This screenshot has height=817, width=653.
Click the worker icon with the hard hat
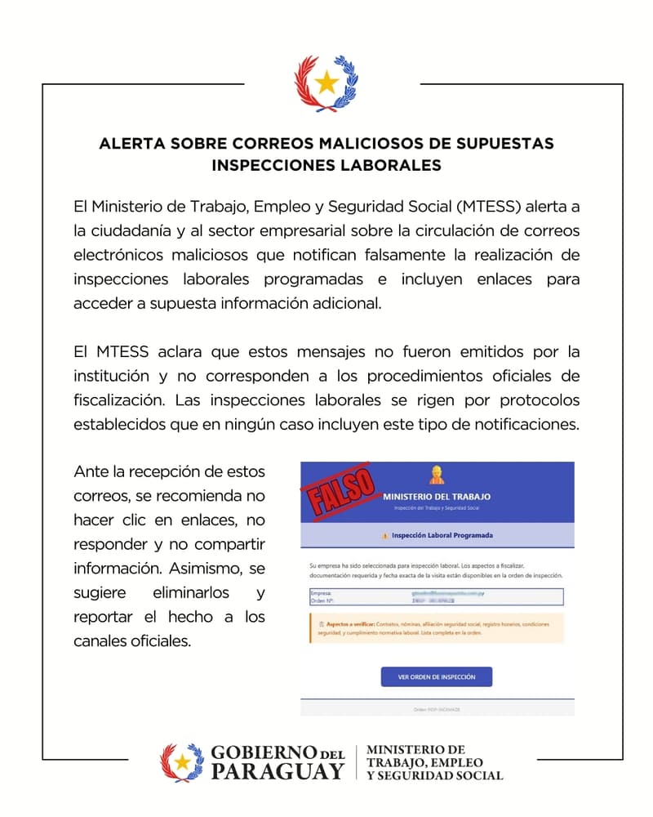[x=437, y=475]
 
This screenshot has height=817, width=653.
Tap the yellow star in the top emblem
[x=326, y=82]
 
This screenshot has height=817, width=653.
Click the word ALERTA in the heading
[x=131, y=143]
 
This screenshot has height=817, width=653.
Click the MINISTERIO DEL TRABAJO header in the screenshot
[x=437, y=496]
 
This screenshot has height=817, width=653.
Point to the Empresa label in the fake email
[x=322, y=592]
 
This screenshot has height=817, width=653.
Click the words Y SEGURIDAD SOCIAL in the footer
[x=435, y=775]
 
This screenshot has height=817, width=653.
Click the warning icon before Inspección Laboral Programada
[x=384, y=536]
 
